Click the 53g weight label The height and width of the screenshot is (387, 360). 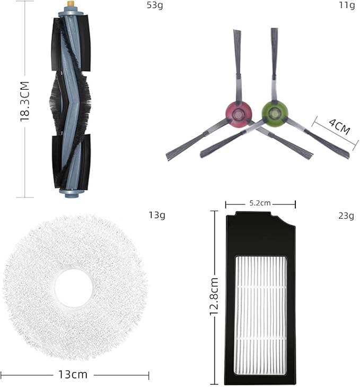[x=155, y=5]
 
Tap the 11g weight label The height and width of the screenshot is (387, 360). [x=347, y=5]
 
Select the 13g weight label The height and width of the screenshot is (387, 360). [x=157, y=215]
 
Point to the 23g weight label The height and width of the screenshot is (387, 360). [x=346, y=216]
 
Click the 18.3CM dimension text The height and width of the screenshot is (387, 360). [x=25, y=101]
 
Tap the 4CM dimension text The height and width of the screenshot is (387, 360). [x=339, y=127]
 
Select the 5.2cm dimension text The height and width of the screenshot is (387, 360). [x=260, y=203]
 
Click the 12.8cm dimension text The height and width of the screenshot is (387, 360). [x=214, y=296]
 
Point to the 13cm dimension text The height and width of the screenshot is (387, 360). [x=73, y=374]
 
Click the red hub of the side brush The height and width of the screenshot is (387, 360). [x=239, y=114]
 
